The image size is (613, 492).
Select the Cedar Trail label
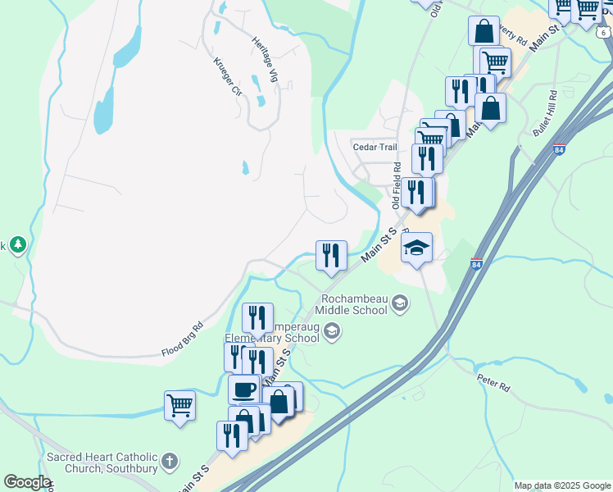[x=375, y=148]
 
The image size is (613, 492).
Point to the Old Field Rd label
[x=397, y=184]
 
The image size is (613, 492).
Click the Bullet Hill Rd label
[x=545, y=119]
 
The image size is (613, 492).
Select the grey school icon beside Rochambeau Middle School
[x=399, y=303]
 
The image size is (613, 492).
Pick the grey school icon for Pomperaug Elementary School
[x=332, y=330]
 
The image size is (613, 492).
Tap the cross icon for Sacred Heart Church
[x=170, y=461]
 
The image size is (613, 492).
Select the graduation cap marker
[x=416, y=247]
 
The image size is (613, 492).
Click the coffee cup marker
[x=243, y=389]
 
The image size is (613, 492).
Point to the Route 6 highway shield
[x=603, y=32]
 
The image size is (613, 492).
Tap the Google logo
[x=27, y=482]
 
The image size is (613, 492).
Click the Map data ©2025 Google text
[x=563, y=485]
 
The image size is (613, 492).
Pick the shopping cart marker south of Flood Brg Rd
[x=179, y=404]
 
